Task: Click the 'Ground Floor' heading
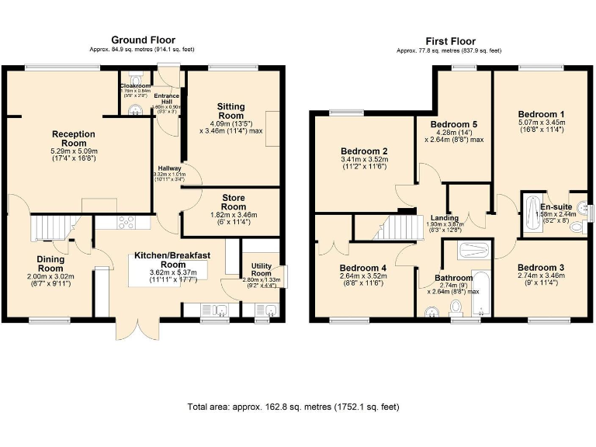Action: pos(143,40)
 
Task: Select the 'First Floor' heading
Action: pos(450,41)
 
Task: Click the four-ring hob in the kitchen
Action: pos(125,222)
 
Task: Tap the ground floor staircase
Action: pos(47,228)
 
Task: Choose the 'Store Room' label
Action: pos(233,203)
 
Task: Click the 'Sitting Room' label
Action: pos(230,111)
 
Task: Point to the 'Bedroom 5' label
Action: pos(454,124)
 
